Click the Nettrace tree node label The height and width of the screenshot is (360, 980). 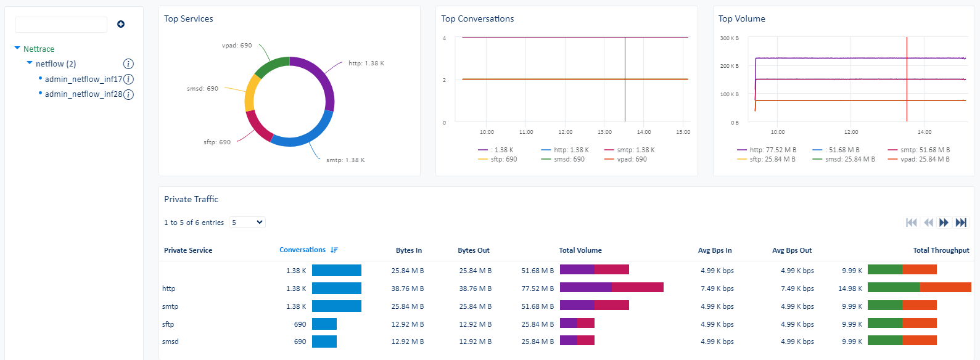[38, 49]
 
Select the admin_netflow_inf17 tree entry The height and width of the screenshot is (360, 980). [83, 79]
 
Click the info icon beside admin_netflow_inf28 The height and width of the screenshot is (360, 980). [128, 94]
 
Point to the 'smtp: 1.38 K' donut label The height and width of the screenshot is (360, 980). [345, 160]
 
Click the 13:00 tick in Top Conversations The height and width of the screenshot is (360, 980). [604, 132]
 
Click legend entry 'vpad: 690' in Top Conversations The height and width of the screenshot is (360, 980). [632, 159]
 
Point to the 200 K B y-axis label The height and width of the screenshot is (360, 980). [729, 66]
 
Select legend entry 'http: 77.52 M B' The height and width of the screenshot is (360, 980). [772, 150]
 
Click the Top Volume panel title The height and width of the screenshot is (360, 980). [741, 19]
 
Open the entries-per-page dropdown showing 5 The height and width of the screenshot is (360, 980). [247, 223]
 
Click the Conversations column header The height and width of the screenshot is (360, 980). [302, 250]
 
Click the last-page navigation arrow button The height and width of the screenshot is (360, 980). [961, 223]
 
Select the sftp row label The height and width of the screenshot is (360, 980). [168, 324]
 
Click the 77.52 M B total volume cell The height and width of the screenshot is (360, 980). [537, 288]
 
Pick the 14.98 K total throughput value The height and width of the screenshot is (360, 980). [850, 288]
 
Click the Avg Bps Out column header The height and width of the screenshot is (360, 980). [791, 250]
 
